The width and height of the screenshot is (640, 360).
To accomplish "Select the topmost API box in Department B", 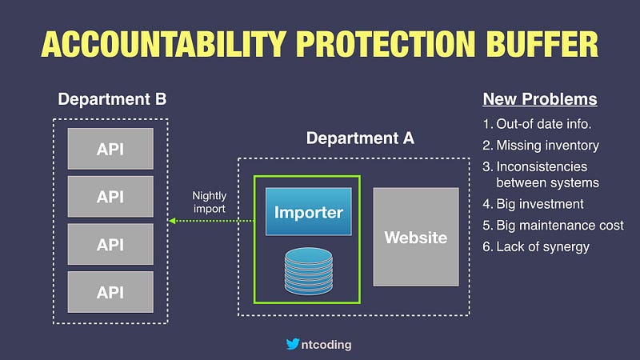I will (111, 149).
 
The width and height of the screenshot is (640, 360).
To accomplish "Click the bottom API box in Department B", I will (111, 292).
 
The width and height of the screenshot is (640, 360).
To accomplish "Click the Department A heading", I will (360, 138).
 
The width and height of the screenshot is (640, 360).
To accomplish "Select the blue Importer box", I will (309, 212).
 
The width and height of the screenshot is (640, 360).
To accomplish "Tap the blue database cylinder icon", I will (309, 269).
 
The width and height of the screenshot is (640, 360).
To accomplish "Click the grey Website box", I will (415, 238).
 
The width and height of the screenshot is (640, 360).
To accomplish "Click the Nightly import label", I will (210, 202).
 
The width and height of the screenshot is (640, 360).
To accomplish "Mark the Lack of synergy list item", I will (535, 246).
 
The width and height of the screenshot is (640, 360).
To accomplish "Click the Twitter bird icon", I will (294, 345).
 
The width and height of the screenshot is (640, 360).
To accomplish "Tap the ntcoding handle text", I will (327, 345).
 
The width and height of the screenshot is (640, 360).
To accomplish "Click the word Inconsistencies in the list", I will (542, 166).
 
